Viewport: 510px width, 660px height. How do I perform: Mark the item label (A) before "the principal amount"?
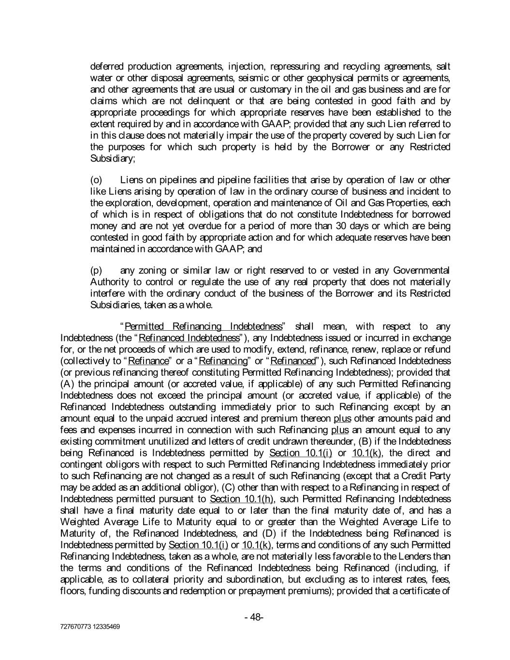[66, 384]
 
